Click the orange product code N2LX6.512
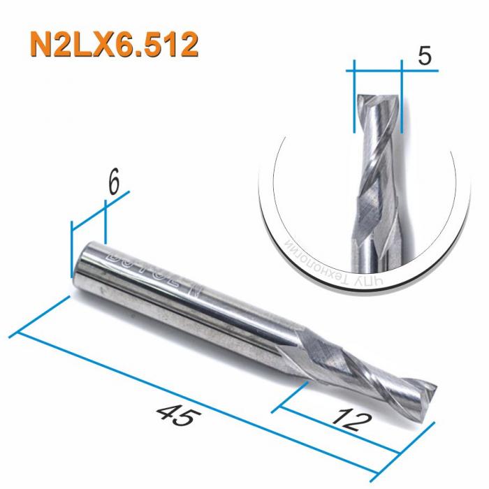pos(112,43)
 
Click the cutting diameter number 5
pos(424,56)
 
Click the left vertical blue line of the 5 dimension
pos(354,98)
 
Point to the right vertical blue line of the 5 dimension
pos(403,98)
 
